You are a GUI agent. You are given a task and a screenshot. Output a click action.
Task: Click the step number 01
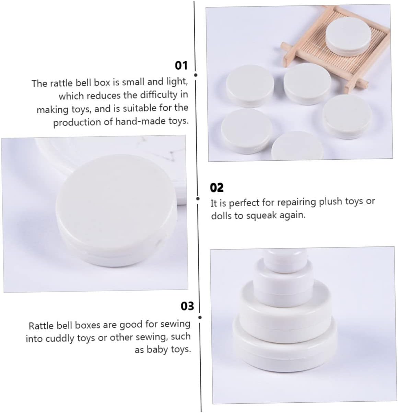181,65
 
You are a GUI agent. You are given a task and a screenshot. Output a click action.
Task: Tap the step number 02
216,187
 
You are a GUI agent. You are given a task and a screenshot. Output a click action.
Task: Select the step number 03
187,306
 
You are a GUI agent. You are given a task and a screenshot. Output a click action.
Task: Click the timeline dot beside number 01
196,75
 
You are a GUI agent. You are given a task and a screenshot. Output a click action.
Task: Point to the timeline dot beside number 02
198,199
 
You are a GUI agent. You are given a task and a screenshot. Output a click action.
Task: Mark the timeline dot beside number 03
200,317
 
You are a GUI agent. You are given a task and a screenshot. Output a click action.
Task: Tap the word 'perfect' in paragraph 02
244,203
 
